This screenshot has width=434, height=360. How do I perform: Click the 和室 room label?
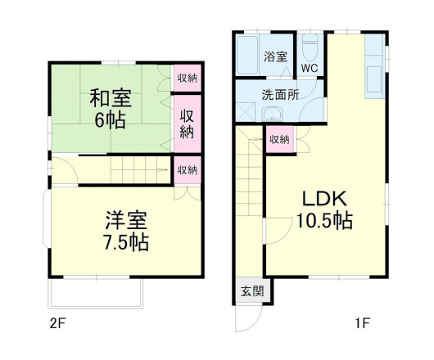click(x=110, y=99)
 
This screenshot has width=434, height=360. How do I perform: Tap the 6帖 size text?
click(x=110, y=119)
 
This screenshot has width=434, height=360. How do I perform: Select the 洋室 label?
click(x=125, y=220)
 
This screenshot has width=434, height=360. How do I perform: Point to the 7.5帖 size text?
click(x=126, y=242)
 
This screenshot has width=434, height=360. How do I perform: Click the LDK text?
click(x=325, y=199)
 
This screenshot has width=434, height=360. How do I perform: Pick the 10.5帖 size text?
click(x=325, y=220)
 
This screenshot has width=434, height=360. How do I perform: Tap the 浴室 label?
click(x=275, y=57)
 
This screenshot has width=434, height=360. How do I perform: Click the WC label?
click(x=310, y=67)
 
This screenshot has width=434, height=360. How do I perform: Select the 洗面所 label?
click(x=280, y=93)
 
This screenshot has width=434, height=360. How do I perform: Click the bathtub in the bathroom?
click(x=247, y=56)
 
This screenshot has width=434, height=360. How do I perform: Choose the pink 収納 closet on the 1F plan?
click(x=278, y=140)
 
